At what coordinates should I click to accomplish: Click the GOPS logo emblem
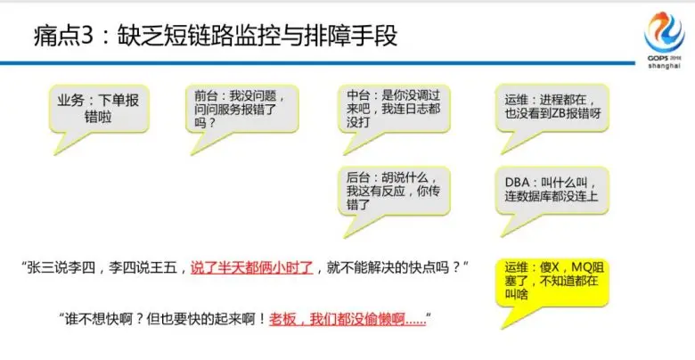click(x=665, y=32)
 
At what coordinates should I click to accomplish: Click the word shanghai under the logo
click(x=664, y=66)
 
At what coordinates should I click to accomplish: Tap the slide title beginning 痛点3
click(x=215, y=36)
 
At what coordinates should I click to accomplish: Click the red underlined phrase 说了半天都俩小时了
click(x=252, y=268)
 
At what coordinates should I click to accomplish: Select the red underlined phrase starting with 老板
click(x=347, y=319)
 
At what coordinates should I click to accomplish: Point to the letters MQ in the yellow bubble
click(x=580, y=267)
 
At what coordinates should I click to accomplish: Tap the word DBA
click(x=517, y=183)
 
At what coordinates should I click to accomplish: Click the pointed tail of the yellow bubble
click(x=503, y=329)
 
